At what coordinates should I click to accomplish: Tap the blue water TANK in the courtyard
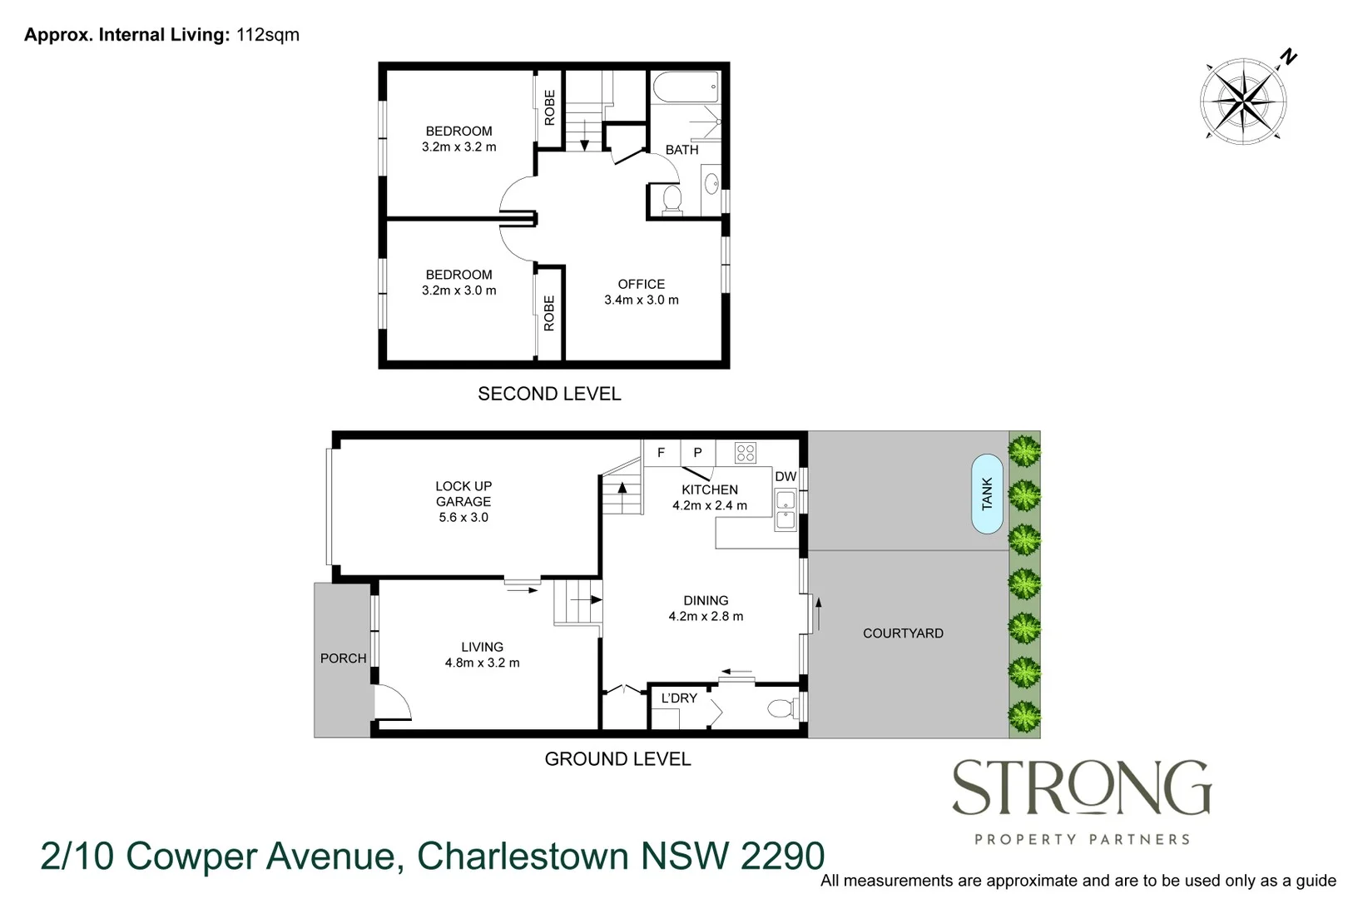point(987,494)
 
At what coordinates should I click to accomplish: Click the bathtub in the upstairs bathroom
point(685,86)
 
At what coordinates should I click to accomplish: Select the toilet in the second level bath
point(671,199)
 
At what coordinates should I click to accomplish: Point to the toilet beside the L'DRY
point(780,708)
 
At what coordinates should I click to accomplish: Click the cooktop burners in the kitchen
point(745,453)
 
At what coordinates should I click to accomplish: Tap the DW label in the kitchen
point(786,477)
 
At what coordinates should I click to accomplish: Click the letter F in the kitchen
point(662,453)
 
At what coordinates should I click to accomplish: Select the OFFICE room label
point(641,284)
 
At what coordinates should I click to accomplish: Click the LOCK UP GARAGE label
point(463,494)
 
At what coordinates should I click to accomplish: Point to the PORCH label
point(343,658)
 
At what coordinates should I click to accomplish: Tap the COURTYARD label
point(903,633)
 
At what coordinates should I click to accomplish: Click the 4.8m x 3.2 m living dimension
point(482,663)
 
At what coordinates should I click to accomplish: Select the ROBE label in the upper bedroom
point(549,108)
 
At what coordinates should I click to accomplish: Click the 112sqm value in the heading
point(268,35)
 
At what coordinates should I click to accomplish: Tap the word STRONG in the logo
point(1081,788)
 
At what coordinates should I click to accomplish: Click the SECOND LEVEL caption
point(549,394)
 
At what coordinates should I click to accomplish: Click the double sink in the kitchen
point(786,510)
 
